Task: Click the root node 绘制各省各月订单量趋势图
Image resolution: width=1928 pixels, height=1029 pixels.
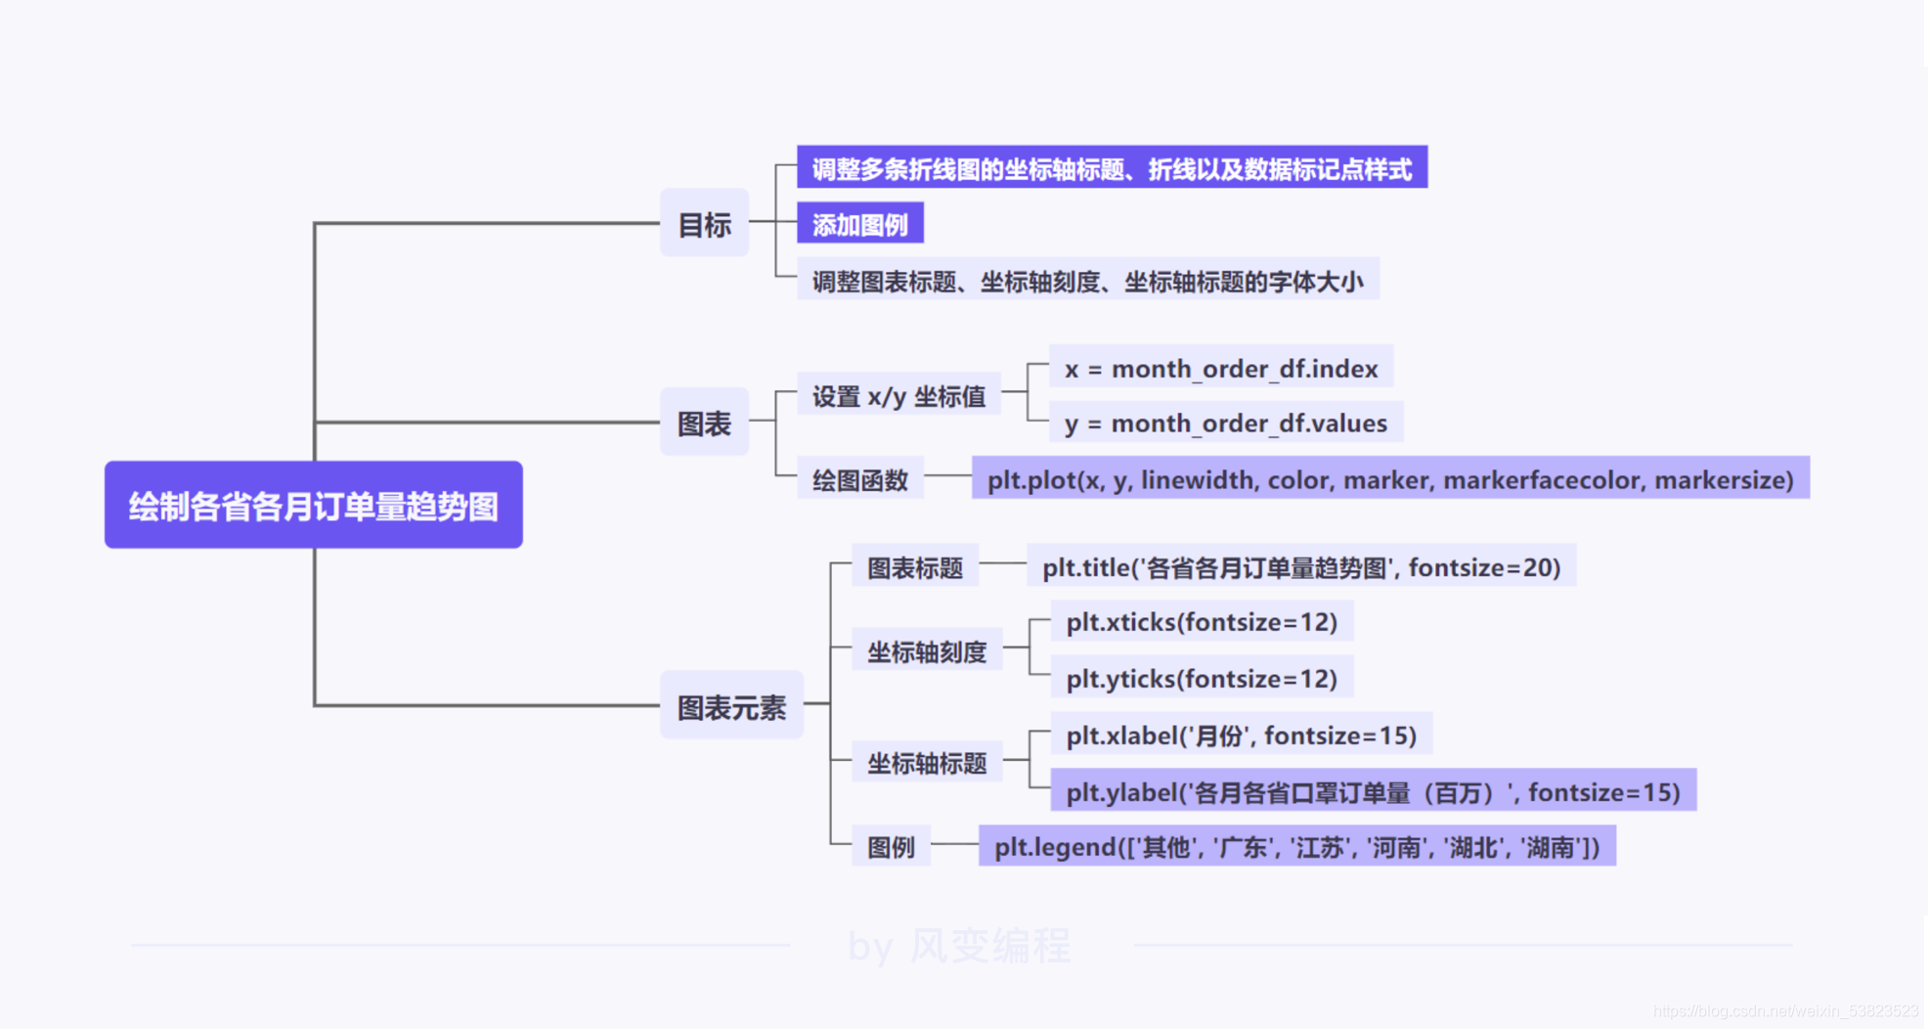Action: tap(313, 505)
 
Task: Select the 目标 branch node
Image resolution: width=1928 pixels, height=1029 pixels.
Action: tap(704, 224)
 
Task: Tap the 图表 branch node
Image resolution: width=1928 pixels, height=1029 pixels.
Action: tap(704, 423)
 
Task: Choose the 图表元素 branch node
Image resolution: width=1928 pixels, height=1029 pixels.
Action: tap(731, 705)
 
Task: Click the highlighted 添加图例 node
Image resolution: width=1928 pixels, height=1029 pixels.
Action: tap(859, 224)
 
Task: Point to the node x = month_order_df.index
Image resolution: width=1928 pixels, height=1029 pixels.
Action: tap(1220, 368)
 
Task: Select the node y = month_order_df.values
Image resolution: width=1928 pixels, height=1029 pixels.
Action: tap(1225, 423)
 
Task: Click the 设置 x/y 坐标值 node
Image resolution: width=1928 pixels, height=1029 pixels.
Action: tap(898, 395)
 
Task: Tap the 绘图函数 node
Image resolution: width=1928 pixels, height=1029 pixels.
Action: tap(859, 479)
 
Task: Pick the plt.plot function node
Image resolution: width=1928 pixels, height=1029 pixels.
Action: tap(1389, 479)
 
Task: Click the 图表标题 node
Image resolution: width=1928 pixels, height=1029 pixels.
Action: tap(914, 566)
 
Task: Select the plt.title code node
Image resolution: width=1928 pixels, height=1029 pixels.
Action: tap(1300, 566)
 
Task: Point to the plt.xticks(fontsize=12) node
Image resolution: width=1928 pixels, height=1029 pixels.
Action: tap(1201, 621)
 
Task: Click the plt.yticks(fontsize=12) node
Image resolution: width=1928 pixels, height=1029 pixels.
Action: tap(1201, 677)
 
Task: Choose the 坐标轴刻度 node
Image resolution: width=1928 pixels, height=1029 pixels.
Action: tap(927, 650)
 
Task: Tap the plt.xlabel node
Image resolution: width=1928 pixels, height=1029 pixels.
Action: tap(1240, 734)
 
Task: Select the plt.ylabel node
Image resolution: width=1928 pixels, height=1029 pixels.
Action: tap(1372, 790)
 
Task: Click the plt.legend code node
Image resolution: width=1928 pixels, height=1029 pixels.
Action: tap(1296, 846)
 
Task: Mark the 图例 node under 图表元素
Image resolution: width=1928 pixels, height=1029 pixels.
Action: tap(891, 846)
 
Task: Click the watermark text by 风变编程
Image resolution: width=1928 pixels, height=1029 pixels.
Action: tap(959, 946)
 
